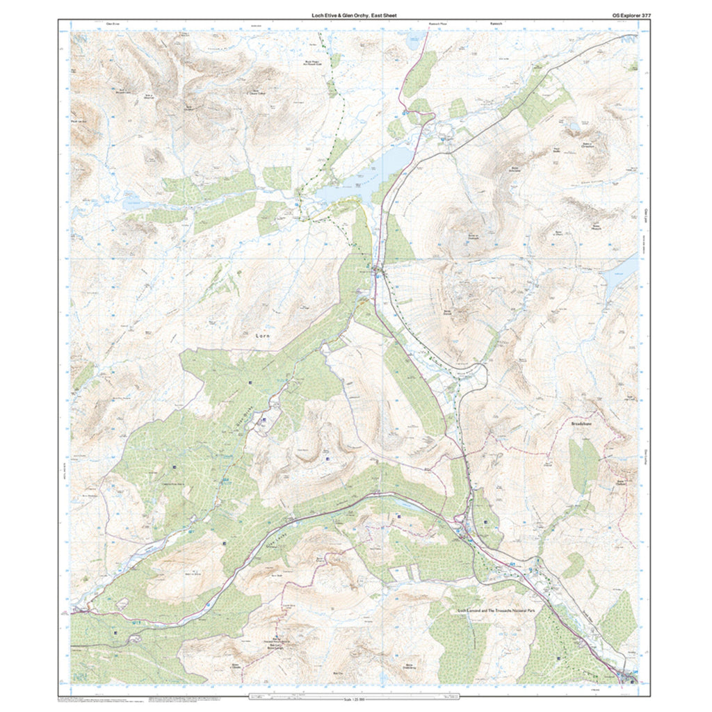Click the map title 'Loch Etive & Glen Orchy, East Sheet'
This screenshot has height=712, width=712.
[x=354, y=15]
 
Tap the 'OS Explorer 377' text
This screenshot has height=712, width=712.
[x=627, y=15]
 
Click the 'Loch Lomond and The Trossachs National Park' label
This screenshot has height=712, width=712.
[x=496, y=610]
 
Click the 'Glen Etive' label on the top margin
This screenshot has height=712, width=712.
[x=113, y=23]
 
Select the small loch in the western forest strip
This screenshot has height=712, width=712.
[x=132, y=204]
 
